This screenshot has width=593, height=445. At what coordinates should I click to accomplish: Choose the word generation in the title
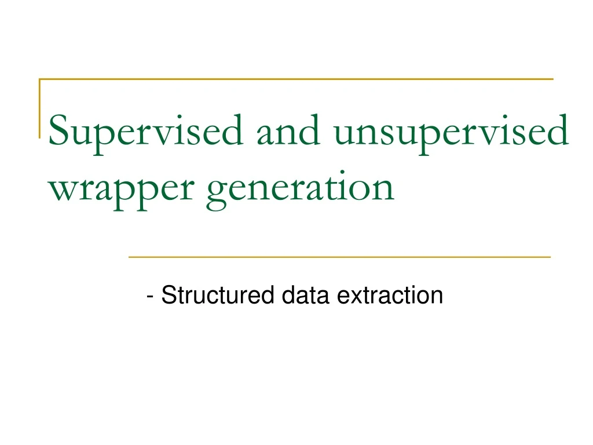point(300,188)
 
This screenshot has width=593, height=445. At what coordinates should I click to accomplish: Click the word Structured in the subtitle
point(217,296)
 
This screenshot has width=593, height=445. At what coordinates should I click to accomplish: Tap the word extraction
point(389,296)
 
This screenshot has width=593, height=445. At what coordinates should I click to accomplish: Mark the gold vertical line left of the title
point(40,108)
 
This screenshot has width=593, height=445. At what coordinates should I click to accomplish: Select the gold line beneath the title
point(339,256)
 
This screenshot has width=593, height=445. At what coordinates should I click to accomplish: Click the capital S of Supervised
point(58,131)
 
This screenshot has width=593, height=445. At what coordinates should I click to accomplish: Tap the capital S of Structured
point(167,296)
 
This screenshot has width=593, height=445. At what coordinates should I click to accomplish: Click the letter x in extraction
point(350,297)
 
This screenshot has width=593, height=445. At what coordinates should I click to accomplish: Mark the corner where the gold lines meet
point(40,79)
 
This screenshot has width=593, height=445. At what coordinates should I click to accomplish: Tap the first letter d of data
point(288,296)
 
